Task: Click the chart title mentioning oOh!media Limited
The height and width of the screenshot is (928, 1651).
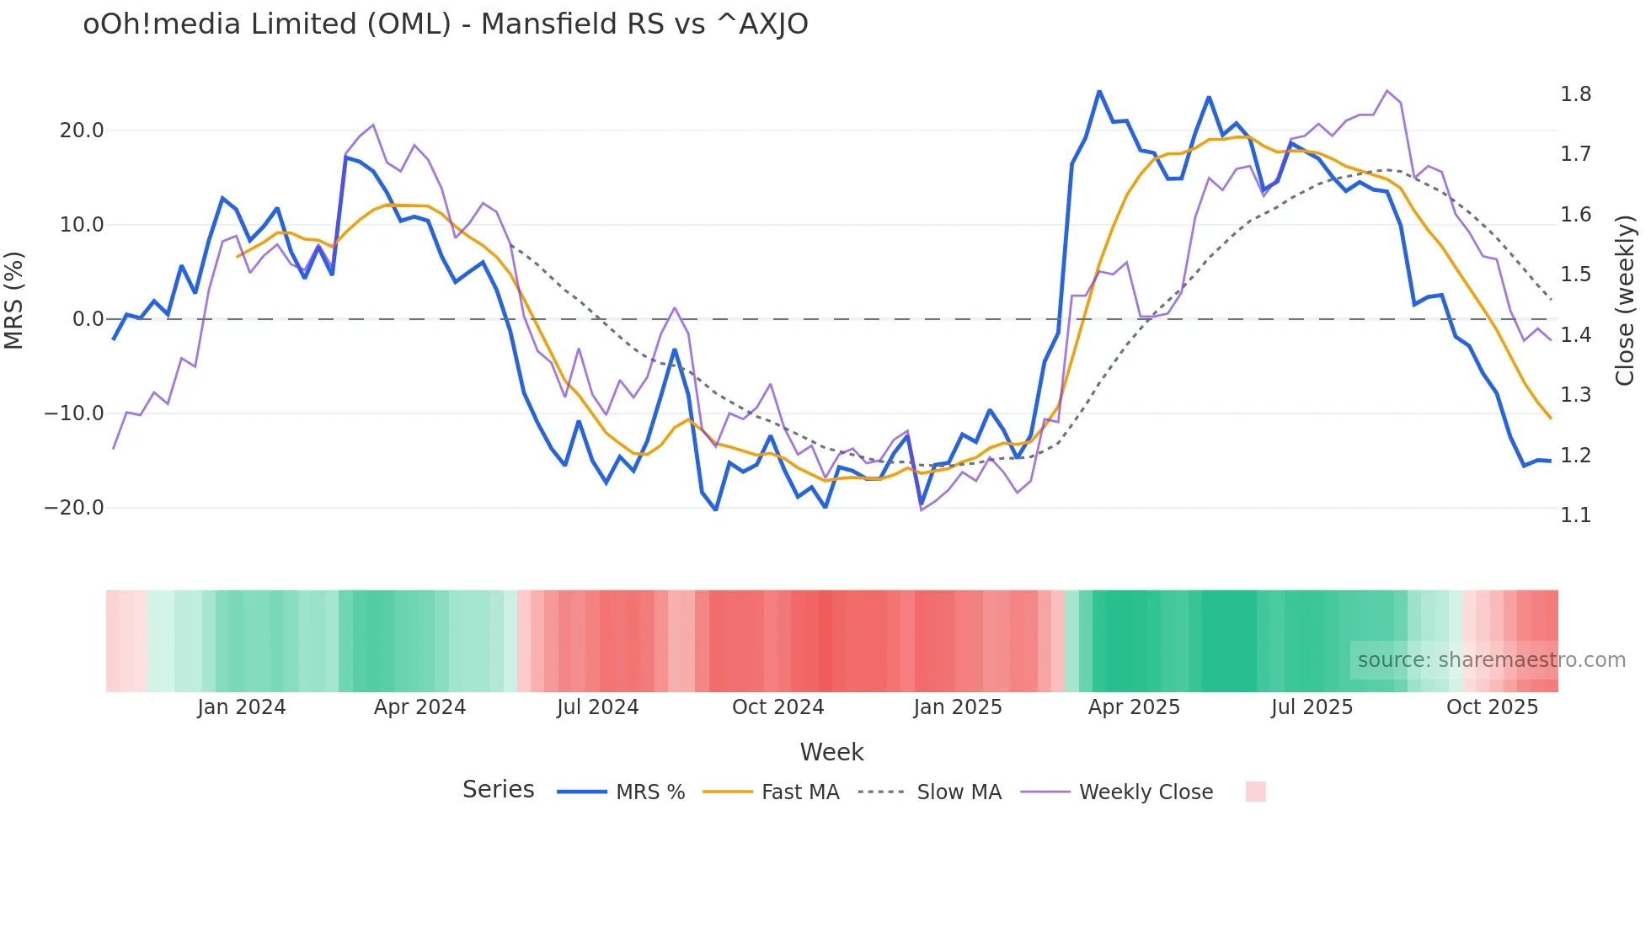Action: pos(445,24)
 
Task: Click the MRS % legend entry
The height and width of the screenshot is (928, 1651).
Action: pos(649,792)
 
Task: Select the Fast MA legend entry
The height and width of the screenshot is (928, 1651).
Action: pos(799,792)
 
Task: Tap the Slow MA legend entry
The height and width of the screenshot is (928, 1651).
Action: pos(959,792)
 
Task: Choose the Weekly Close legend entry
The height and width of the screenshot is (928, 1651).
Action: pos(1146,792)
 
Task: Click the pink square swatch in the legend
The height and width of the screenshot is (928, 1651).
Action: pos(1255,792)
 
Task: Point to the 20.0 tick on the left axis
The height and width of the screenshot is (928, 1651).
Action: pos(82,131)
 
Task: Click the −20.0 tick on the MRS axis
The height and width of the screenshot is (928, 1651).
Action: pos(74,508)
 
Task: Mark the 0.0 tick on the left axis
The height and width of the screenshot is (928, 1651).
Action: pos(88,319)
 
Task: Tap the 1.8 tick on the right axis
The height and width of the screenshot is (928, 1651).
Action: pos(1575,94)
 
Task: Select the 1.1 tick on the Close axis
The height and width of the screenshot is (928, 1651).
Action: pos(1575,515)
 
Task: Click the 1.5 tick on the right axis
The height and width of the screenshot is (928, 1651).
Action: pos(1575,275)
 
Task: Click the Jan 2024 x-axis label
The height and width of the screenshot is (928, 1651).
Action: pos(242,707)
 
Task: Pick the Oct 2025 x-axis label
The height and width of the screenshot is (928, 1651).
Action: pos(1492,707)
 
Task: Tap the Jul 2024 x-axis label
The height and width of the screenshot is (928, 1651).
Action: pos(597,707)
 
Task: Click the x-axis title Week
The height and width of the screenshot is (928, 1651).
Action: pos(831,752)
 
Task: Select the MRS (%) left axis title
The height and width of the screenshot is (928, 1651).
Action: pos(14,300)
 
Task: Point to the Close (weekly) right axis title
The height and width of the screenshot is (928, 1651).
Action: pos(1626,301)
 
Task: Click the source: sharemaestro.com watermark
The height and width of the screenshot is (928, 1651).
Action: pos(1491,660)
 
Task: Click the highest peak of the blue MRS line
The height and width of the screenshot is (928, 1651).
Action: pos(1099,91)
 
